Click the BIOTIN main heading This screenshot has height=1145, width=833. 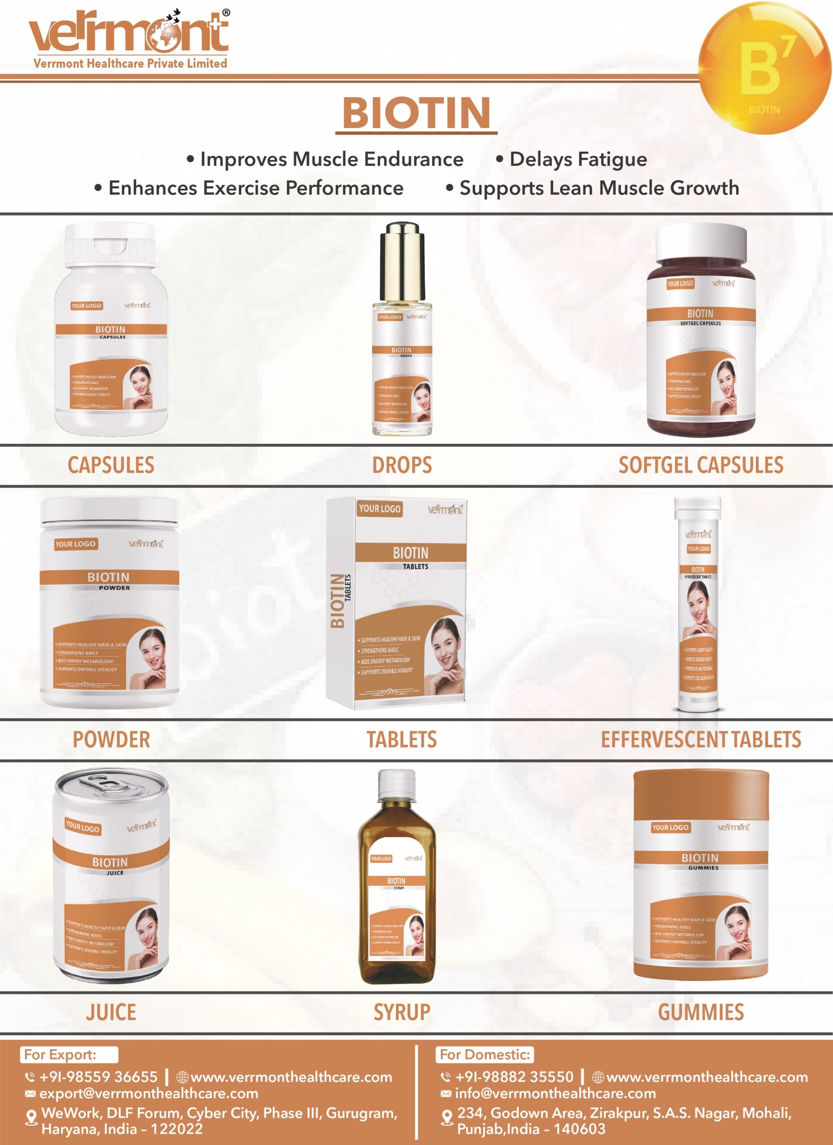point(416,112)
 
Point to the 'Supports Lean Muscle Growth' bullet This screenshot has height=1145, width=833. point(599,188)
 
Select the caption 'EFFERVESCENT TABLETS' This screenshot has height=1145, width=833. point(701,739)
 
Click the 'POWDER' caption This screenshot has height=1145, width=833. point(111,739)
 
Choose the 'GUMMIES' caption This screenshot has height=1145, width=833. point(701,1012)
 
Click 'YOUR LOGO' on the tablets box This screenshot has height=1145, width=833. point(380,509)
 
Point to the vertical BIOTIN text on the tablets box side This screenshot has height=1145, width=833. point(337,600)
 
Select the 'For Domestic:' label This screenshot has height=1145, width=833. point(484,1055)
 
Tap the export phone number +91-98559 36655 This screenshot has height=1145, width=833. point(98,1077)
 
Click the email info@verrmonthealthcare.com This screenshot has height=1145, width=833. point(555,1094)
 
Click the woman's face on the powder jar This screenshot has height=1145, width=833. point(152,651)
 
